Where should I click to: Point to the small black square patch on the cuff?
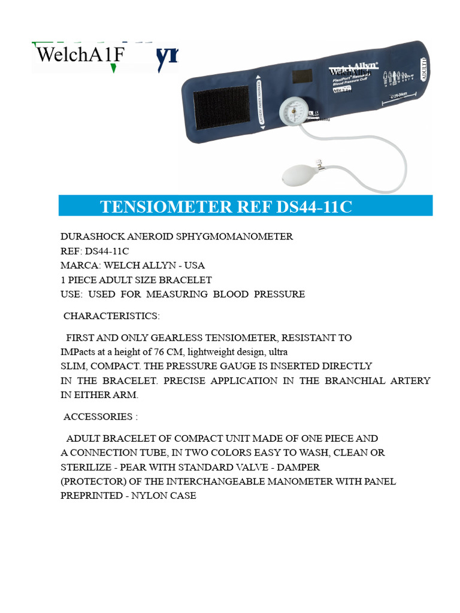tap(301, 78)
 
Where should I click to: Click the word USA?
tap(194, 265)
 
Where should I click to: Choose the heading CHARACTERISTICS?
tap(111, 315)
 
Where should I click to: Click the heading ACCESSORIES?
tap(98, 417)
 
